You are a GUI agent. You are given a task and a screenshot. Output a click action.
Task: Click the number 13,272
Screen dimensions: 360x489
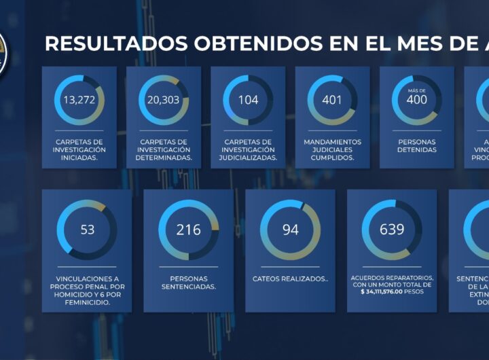(79, 101)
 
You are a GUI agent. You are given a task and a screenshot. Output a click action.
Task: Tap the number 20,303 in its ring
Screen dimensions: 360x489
(163, 101)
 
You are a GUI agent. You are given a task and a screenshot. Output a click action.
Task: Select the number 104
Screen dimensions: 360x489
(248, 101)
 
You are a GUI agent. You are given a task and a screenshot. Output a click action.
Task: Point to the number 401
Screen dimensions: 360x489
(332, 101)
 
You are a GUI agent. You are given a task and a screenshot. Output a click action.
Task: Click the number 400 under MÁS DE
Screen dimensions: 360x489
(416, 101)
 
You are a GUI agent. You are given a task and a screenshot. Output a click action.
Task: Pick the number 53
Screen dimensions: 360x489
(87, 230)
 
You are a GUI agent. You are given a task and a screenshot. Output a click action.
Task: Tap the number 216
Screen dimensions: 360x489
(188, 230)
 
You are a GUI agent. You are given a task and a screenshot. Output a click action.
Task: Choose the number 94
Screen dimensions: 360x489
(290, 230)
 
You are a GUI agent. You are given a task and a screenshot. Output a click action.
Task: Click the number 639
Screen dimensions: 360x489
(392, 230)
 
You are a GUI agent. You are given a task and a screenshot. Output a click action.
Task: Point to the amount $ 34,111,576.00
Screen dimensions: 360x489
(384, 291)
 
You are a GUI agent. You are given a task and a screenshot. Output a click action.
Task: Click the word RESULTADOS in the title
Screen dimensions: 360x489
(115, 43)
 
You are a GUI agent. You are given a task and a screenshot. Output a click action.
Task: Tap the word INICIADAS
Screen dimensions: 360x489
(79, 158)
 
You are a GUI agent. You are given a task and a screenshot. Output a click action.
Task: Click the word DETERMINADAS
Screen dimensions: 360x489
(163, 158)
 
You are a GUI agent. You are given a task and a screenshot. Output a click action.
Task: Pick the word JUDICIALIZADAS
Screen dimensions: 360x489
(248, 158)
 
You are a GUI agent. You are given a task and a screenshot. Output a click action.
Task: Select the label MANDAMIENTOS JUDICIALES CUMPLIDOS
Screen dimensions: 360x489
(332, 149)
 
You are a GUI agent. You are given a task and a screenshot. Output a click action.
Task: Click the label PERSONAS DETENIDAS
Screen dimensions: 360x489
(416, 146)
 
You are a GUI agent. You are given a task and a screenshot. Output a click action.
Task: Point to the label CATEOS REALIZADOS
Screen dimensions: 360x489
(290, 278)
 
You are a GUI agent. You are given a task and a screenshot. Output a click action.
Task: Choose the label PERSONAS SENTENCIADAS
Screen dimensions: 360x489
(188, 283)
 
